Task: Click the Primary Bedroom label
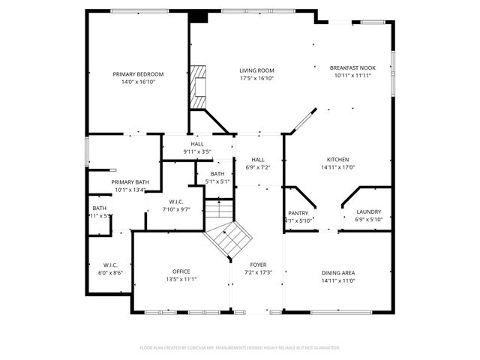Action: [138, 74]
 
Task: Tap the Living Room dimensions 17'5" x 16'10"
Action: [256, 79]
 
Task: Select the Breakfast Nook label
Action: [352, 68]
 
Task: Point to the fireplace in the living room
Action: [199, 86]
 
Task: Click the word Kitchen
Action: [337, 160]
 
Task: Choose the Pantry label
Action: [298, 213]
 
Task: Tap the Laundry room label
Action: [368, 212]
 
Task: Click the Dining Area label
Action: [337, 272]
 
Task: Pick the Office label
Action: [181, 271]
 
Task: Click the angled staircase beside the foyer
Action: [227, 239]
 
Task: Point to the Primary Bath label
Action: [130, 182]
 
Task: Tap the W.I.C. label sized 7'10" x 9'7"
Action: [176, 202]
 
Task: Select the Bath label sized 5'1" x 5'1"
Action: [217, 174]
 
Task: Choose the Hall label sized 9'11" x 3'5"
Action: [197, 144]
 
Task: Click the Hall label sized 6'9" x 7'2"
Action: [258, 160]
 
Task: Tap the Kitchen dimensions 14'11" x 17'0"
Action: [337, 167]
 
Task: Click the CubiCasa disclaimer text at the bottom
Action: [240, 348]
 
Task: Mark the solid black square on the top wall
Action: [199, 16]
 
